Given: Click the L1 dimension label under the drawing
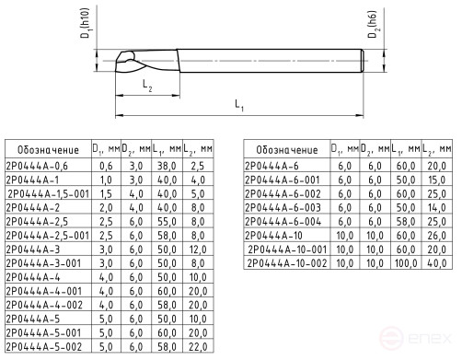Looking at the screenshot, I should coord(239,108).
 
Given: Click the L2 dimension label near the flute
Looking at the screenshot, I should coord(147,85).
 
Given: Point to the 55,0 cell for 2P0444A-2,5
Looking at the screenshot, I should coord(167,222).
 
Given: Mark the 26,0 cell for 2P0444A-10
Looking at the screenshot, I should coord(438,236).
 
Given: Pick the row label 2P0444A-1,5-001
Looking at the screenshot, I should coord(48,194).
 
